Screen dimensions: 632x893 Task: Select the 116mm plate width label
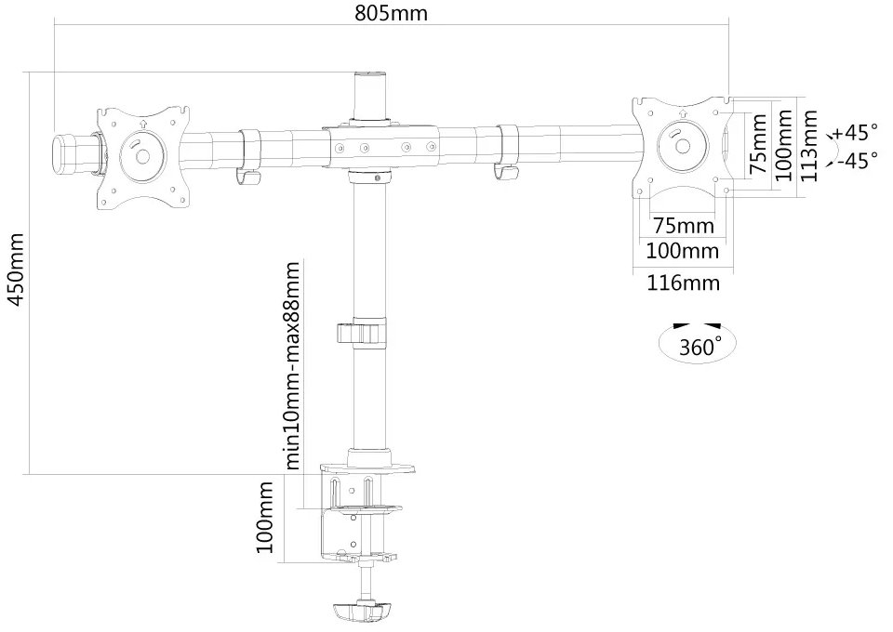click(683, 283)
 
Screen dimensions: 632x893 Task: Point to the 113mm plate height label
click(811, 146)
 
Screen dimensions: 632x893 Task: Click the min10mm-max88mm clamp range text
click(293, 365)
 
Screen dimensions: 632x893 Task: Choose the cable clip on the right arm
click(507, 151)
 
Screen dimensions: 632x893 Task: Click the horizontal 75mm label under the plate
click(684, 226)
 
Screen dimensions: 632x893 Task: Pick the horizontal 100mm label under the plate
click(683, 251)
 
